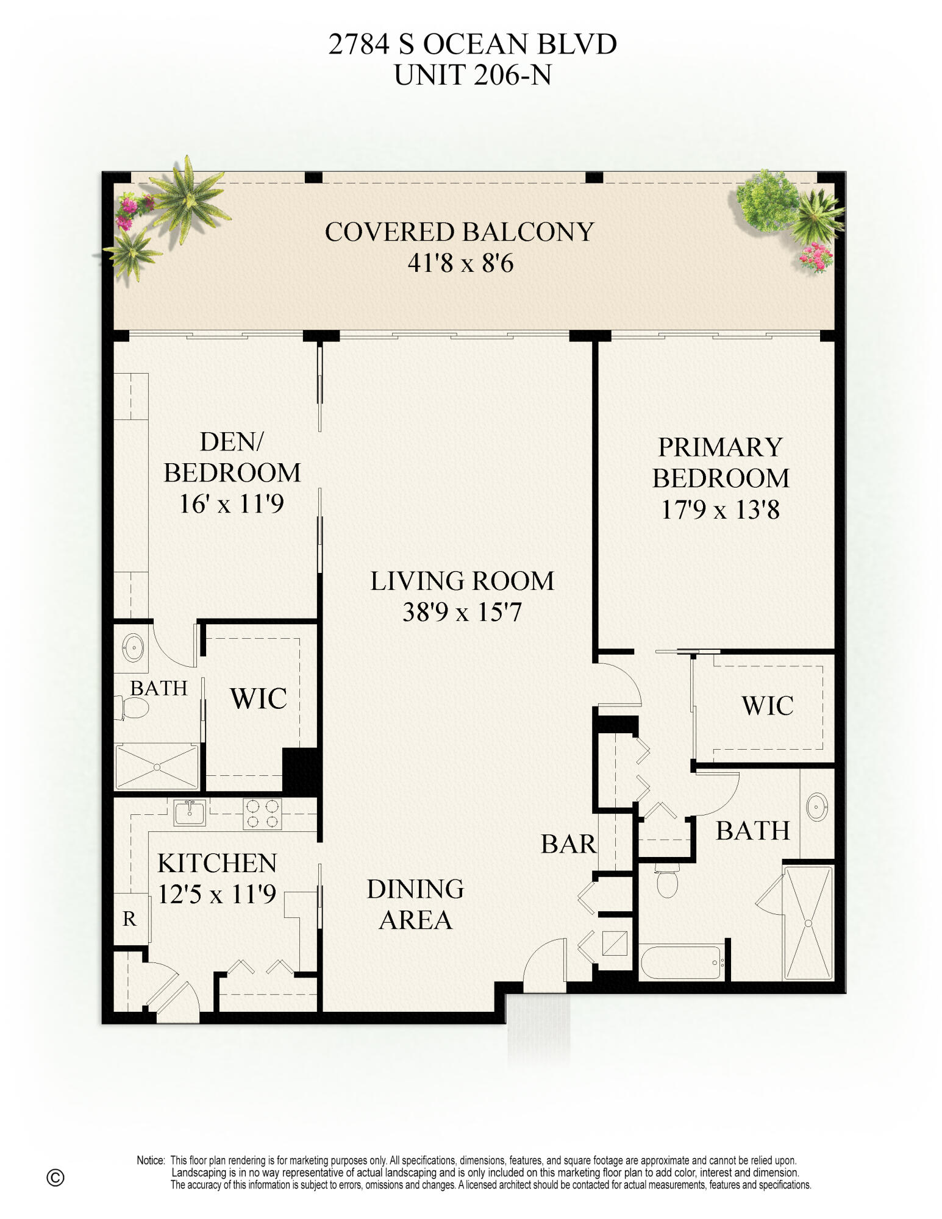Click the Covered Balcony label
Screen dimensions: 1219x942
[x=459, y=232]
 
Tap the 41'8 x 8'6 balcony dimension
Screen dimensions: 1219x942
[x=460, y=263]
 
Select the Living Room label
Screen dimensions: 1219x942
[x=462, y=581]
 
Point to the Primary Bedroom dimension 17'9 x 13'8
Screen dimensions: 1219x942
[x=720, y=510]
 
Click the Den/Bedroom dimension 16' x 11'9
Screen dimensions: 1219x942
[x=232, y=504]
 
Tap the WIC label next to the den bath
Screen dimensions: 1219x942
[x=259, y=698]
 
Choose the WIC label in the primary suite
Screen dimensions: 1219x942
[x=768, y=706]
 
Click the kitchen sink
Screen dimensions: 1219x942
[x=190, y=812]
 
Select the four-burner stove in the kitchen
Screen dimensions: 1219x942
[x=262, y=814]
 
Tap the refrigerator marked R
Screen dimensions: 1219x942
[x=129, y=919]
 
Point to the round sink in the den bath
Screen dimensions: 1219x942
[x=133, y=647]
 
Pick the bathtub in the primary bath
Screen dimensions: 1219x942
[x=681, y=962]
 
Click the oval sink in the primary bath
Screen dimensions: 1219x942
[x=816, y=808]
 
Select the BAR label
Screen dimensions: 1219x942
[x=568, y=844]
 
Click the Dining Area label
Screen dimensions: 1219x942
[x=415, y=904]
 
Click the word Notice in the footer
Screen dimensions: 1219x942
[x=151, y=1160]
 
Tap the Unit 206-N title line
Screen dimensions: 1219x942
[x=473, y=76]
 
